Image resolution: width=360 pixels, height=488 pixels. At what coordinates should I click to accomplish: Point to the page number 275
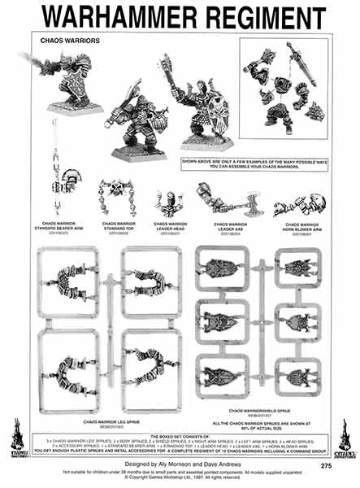pos(326,466)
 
